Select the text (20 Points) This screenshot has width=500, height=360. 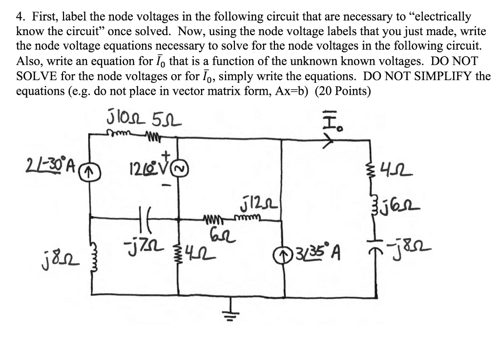tap(342, 91)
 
